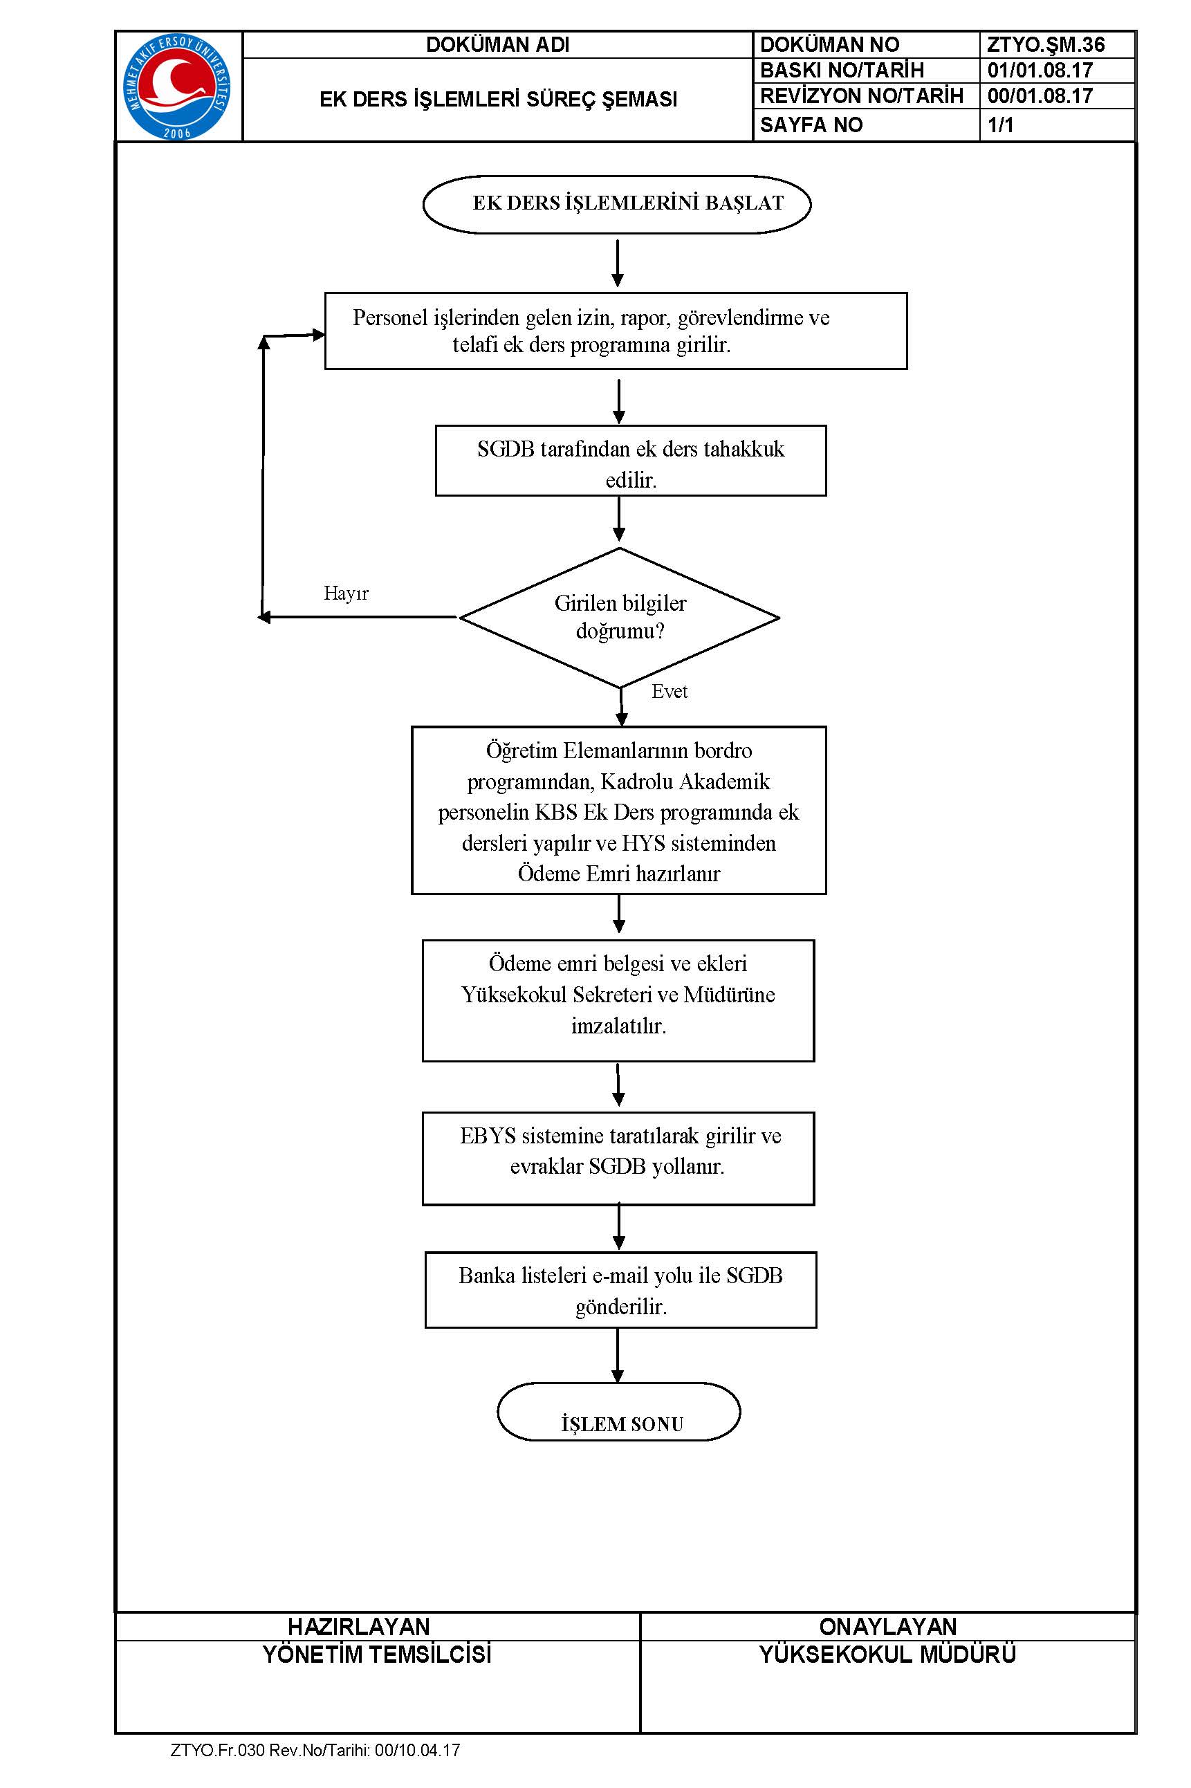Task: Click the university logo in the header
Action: point(177,86)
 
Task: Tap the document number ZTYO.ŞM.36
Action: point(1045,45)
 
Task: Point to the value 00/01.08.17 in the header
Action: point(1040,95)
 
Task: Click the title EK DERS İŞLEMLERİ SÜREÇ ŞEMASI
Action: point(498,100)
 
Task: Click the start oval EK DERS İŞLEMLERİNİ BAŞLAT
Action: point(617,203)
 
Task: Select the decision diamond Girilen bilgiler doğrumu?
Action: point(620,618)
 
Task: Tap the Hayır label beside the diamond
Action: point(346,593)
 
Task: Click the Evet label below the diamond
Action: point(670,691)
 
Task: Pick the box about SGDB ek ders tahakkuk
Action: point(631,460)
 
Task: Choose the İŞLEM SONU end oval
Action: point(619,1411)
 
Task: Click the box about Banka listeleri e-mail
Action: point(620,1291)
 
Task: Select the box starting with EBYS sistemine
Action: point(618,1159)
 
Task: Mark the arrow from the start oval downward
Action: point(618,263)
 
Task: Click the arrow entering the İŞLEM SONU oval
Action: point(618,1356)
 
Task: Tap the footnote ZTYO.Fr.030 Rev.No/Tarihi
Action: point(315,1750)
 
